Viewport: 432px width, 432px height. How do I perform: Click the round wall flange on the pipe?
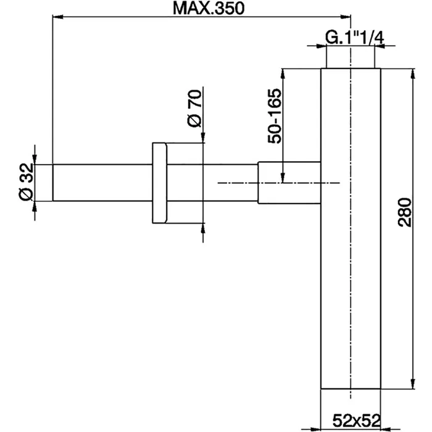pyautogui.click(x=158, y=183)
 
